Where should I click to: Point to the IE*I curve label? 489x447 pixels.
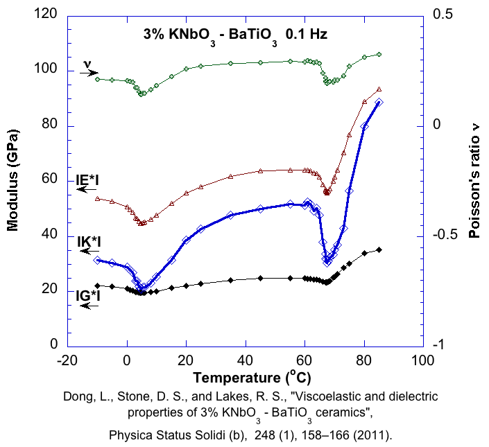(88, 180)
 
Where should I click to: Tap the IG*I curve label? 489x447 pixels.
(89, 295)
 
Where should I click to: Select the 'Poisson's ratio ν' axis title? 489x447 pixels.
(474, 180)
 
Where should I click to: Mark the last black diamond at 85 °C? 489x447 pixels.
(379, 249)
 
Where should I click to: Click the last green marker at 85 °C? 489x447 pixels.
(379, 54)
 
